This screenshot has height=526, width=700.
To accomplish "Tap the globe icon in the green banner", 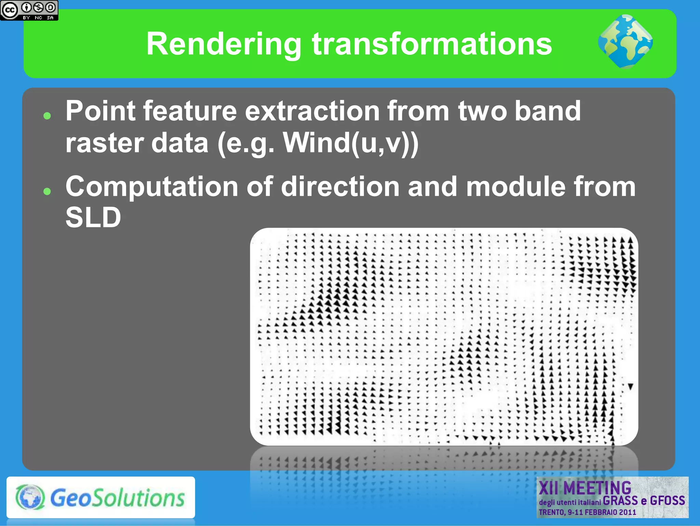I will pos(625,41).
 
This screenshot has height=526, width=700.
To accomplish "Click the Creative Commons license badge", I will pos(29,10).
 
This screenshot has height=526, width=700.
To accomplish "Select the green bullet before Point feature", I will pos(47,116).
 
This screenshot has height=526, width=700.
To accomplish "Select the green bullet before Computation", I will pos(47,191).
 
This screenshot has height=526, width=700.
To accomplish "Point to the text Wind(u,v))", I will pos(351,143).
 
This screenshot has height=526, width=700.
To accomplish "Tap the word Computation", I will pos(152,187).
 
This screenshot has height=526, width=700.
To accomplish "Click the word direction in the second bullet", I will pos(340,187).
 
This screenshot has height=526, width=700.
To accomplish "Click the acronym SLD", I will pos(93,217).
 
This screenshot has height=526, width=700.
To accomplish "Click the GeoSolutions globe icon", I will pos(30,497).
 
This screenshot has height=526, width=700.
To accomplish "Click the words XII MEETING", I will pos(585,488).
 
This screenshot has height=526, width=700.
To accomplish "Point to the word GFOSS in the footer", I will pos(667,501).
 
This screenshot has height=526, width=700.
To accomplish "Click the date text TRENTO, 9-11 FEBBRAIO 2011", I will pos(587,512).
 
